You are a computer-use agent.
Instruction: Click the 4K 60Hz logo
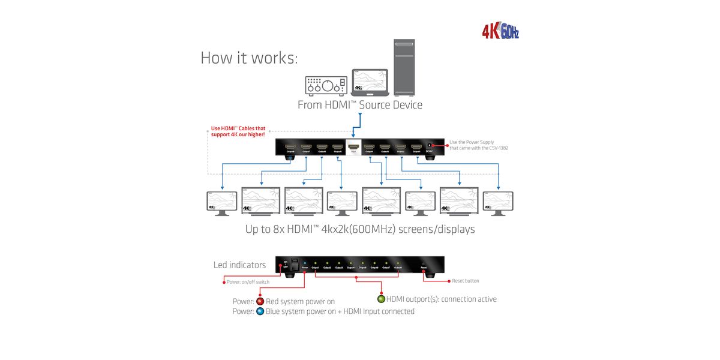(500, 31)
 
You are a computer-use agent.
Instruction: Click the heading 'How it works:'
(249, 58)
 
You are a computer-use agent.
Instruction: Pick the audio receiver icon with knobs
(326, 86)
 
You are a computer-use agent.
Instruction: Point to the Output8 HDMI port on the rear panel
(290, 147)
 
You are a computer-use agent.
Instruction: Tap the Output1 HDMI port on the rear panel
(416, 147)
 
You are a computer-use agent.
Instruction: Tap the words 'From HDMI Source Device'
(360, 105)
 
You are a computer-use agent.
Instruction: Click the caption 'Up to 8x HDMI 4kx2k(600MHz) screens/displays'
(360, 229)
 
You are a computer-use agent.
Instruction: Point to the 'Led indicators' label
(239, 265)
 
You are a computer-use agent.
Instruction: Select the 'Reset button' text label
(466, 281)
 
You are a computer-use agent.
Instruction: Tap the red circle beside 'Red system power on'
(260, 301)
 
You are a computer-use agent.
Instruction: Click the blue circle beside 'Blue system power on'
(260, 311)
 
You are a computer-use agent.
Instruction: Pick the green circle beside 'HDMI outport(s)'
(380, 299)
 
